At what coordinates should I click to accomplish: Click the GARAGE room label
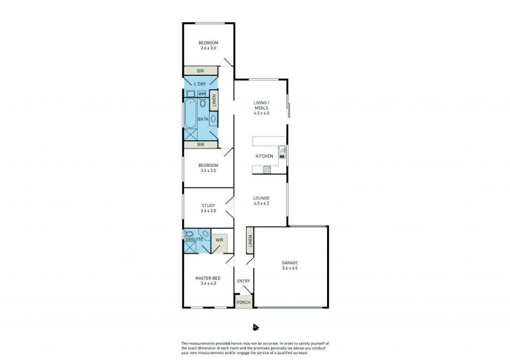289,263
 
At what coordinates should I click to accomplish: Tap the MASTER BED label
208,278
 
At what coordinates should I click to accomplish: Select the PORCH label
244,303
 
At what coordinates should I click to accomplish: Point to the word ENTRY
244,281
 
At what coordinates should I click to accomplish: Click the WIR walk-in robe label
219,240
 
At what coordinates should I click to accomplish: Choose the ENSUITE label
194,240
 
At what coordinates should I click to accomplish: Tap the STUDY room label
208,206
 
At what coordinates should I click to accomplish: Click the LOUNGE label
261,198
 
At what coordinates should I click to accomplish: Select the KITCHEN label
264,156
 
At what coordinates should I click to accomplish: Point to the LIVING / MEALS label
261,105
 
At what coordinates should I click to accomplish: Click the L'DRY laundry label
200,84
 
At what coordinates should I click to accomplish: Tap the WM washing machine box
202,94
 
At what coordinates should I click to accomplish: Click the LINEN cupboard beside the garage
250,241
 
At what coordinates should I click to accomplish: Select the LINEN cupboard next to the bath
214,100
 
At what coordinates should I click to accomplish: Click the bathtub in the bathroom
190,113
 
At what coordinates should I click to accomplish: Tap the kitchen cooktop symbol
267,169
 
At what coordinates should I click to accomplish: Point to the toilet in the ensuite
189,234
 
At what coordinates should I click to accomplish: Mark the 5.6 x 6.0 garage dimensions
289,268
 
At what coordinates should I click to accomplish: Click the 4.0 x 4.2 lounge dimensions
261,203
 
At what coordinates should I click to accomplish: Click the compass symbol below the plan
256,327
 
